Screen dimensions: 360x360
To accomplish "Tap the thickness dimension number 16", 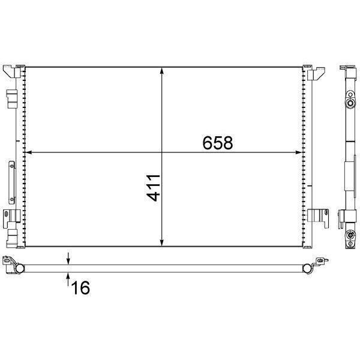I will [x=80, y=288].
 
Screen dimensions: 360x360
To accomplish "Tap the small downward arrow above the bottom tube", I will [x=68, y=260].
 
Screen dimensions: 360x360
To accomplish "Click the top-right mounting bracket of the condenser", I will [x=316, y=73].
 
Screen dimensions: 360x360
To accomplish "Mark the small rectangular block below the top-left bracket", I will [x=11, y=97].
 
